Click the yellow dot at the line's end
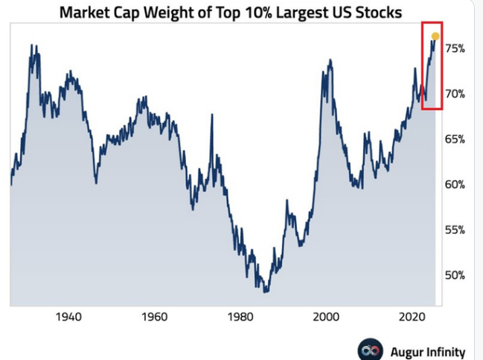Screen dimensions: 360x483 pos(435,36)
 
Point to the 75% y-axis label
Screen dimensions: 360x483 pos(455,48)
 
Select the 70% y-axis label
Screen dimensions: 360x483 pos(455,94)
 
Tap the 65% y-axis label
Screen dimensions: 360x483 pos(455,139)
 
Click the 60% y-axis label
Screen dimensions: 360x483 pos(455,184)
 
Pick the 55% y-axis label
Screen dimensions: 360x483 pos(455,230)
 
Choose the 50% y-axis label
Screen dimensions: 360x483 pos(455,275)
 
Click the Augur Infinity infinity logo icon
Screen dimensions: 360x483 pos(370,350)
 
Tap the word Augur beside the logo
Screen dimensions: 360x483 pos(406,350)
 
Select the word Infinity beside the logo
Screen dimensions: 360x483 pos(445,350)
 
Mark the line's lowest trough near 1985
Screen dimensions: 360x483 pos(266,291)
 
